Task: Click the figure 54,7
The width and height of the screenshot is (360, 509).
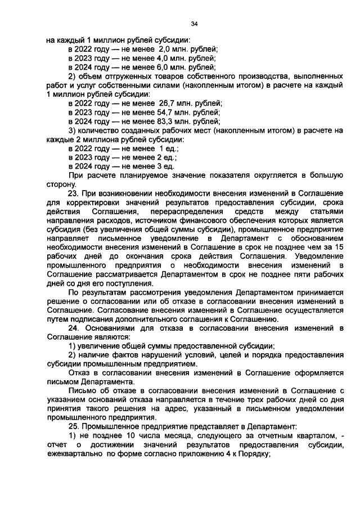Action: [166, 112]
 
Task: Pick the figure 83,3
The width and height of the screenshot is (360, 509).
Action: [166, 121]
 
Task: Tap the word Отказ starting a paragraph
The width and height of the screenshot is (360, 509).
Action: [79, 372]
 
